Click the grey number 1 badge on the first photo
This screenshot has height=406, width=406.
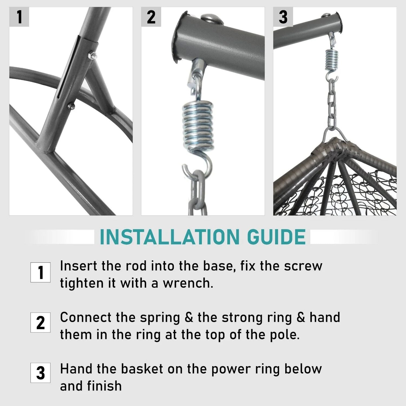click(x=19, y=17)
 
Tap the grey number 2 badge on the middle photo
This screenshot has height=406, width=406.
click(x=151, y=17)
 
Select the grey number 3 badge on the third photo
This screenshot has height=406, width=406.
click(x=283, y=17)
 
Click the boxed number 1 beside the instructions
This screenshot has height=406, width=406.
click(x=40, y=272)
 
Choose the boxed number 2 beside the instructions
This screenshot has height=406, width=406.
click(x=40, y=322)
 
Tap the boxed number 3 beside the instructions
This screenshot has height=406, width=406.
click(x=40, y=373)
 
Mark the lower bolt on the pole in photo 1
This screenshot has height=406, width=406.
click(x=71, y=106)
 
